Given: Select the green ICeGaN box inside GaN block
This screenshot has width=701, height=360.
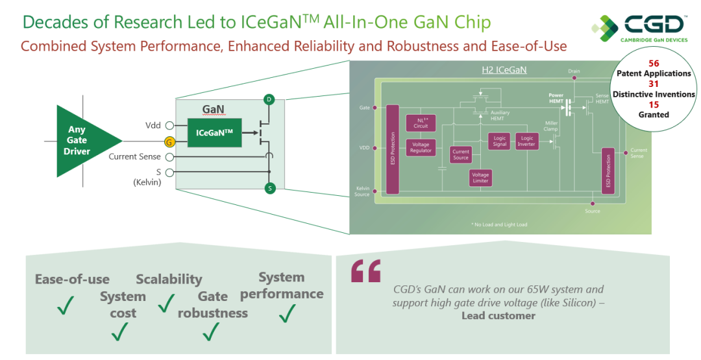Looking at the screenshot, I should coord(214,132).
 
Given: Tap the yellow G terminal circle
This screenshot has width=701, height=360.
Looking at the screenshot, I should coord(169,141).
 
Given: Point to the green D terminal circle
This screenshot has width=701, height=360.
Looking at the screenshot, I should coord(269,99).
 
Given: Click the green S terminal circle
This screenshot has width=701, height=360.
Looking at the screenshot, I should coord(269,188).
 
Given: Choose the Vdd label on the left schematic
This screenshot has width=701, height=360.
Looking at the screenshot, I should coord(154,125).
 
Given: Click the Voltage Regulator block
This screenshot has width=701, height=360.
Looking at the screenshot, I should coord(421,148).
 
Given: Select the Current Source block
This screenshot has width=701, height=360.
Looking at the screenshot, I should coord(461,154).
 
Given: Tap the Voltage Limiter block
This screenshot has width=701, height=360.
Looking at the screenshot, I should coord(480,178).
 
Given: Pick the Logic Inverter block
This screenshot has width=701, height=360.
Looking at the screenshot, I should coord(526,141).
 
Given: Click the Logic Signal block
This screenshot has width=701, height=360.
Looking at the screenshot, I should coord(499,141).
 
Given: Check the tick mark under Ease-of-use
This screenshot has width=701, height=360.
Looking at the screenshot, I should coord(66,305).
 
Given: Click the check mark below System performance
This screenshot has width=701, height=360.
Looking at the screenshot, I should coord(287,313).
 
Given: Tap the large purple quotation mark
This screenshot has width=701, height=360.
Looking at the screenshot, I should coord(365,272).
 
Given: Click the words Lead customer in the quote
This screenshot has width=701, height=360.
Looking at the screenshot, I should coord(498,316).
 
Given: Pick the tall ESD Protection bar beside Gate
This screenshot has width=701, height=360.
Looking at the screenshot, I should coord(393,149).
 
